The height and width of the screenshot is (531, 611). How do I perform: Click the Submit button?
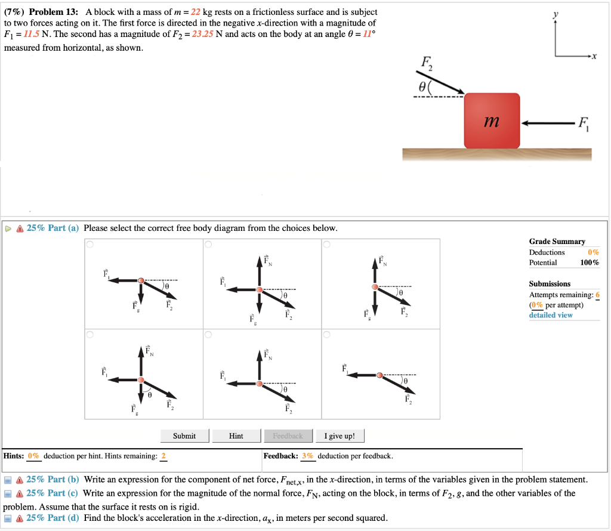point(184,436)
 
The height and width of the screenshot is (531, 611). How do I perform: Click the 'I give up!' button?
point(340,436)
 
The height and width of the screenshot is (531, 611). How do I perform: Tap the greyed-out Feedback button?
point(288,436)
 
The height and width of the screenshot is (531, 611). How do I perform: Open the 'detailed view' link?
point(550,315)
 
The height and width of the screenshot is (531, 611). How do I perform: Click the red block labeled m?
point(492,121)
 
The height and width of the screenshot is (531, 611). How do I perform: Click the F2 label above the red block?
point(428,63)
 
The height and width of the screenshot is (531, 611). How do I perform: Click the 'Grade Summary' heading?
point(557,242)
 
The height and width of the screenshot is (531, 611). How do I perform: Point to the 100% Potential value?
point(590,263)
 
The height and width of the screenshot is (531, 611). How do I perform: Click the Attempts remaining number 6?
point(597,295)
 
